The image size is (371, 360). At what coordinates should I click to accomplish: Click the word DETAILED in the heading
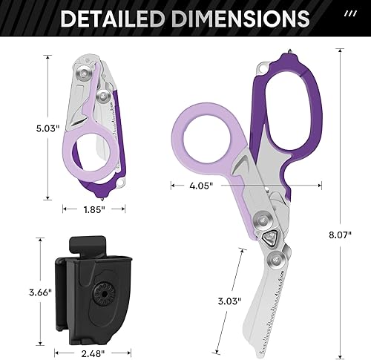click(113, 19)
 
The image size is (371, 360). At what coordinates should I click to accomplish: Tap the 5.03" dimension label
click(48, 128)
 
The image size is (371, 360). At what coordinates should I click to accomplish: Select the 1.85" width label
click(94, 210)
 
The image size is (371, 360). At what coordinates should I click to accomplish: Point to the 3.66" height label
click(41, 292)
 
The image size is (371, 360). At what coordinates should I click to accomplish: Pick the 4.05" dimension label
click(201, 186)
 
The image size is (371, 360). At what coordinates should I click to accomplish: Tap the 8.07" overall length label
click(340, 235)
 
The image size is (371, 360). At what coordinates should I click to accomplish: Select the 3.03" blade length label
click(229, 301)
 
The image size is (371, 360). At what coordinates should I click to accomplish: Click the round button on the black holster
click(104, 294)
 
